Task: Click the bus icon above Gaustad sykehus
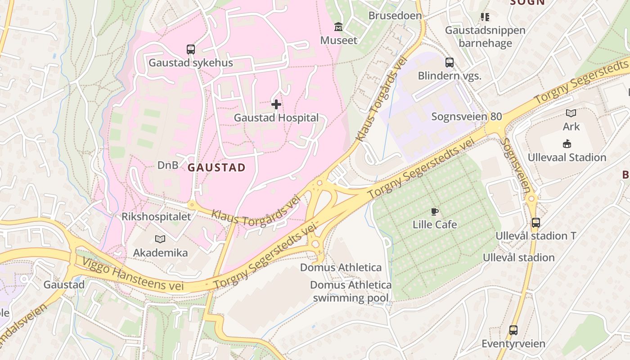click(x=191, y=49)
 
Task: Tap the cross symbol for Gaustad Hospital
click(x=276, y=104)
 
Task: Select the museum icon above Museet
click(x=338, y=27)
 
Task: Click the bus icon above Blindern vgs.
click(x=449, y=62)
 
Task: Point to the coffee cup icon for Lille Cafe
click(x=434, y=211)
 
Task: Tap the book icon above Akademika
click(x=160, y=239)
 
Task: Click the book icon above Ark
click(x=571, y=113)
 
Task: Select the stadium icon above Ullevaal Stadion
click(x=567, y=144)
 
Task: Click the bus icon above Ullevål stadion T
click(x=535, y=222)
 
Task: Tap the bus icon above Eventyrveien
click(x=513, y=330)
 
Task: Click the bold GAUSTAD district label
click(x=216, y=168)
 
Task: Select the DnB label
click(x=167, y=165)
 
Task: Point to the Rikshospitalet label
click(x=156, y=216)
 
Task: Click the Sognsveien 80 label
click(x=466, y=117)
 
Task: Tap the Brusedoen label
click(x=395, y=16)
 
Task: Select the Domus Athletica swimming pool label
click(x=351, y=291)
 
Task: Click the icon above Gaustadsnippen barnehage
click(x=485, y=17)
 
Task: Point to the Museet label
click(x=338, y=40)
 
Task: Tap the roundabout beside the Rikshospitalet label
click(x=192, y=205)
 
